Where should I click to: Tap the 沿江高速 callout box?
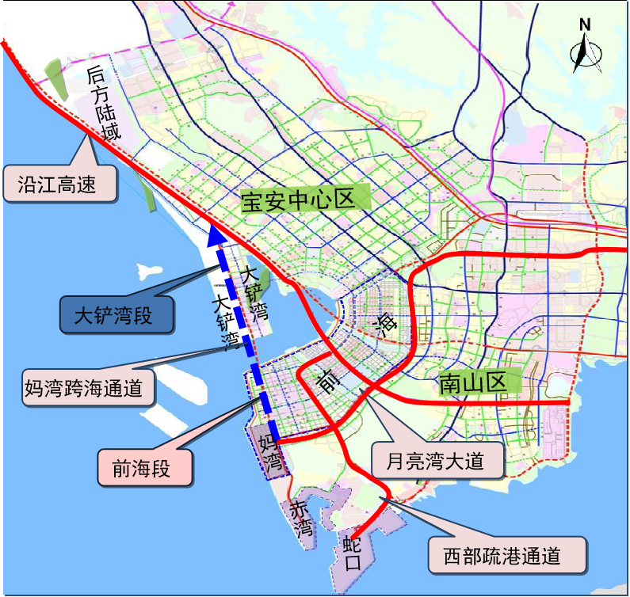[x=60, y=184]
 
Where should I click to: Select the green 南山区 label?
[x=472, y=384]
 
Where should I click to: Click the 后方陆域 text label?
[x=106, y=103]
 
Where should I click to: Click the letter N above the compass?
[x=585, y=25]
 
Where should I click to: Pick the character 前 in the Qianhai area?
[x=326, y=380]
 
